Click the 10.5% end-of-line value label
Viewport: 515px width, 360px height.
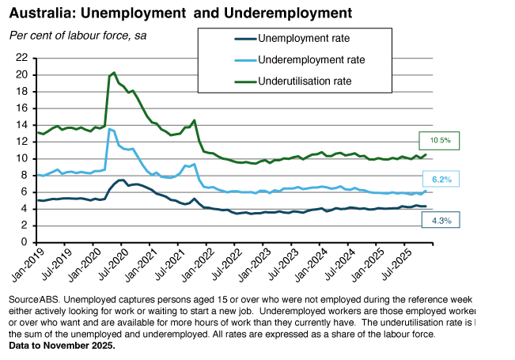click(x=441, y=141)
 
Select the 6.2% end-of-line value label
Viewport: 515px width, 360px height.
click(x=441, y=180)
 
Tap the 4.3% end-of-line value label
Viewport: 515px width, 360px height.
click(x=441, y=222)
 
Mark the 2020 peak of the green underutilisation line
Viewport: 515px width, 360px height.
click(x=114, y=73)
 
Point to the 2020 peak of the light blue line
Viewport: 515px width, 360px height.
click(x=109, y=128)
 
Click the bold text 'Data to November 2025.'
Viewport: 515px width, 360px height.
click(x=62, y=346)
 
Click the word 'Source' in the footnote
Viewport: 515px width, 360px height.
click(x=23, y=301)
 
